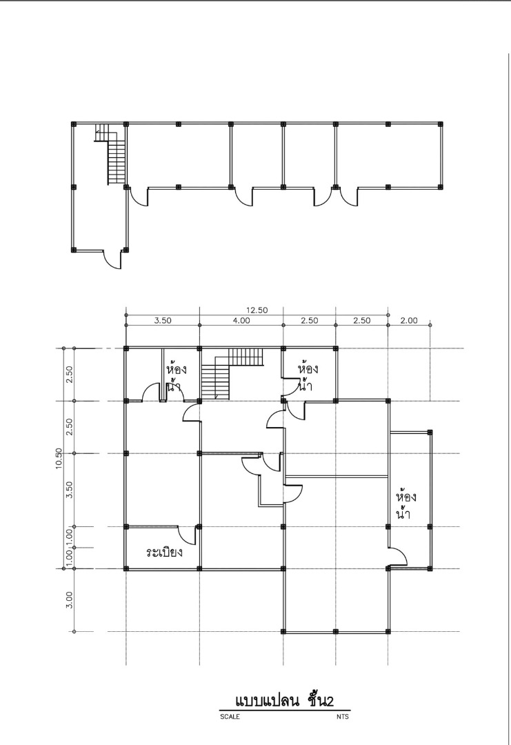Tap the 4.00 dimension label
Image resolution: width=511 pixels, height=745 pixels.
[241, 321]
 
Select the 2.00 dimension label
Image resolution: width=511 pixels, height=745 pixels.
[409, 321]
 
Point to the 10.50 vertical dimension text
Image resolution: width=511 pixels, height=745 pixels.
[59, 458]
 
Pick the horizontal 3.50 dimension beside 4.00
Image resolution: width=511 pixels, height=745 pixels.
[162, 321]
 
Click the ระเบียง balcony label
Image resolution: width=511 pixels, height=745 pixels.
[164, 552]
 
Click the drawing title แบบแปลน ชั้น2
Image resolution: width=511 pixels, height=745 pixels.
[284, 701]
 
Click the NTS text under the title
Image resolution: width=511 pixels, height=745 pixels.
[343, 717]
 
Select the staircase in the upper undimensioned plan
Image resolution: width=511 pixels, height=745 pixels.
[114, 156]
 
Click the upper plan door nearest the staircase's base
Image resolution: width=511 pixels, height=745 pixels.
[138, 197]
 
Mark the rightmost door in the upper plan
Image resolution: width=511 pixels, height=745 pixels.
[349, 197]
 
